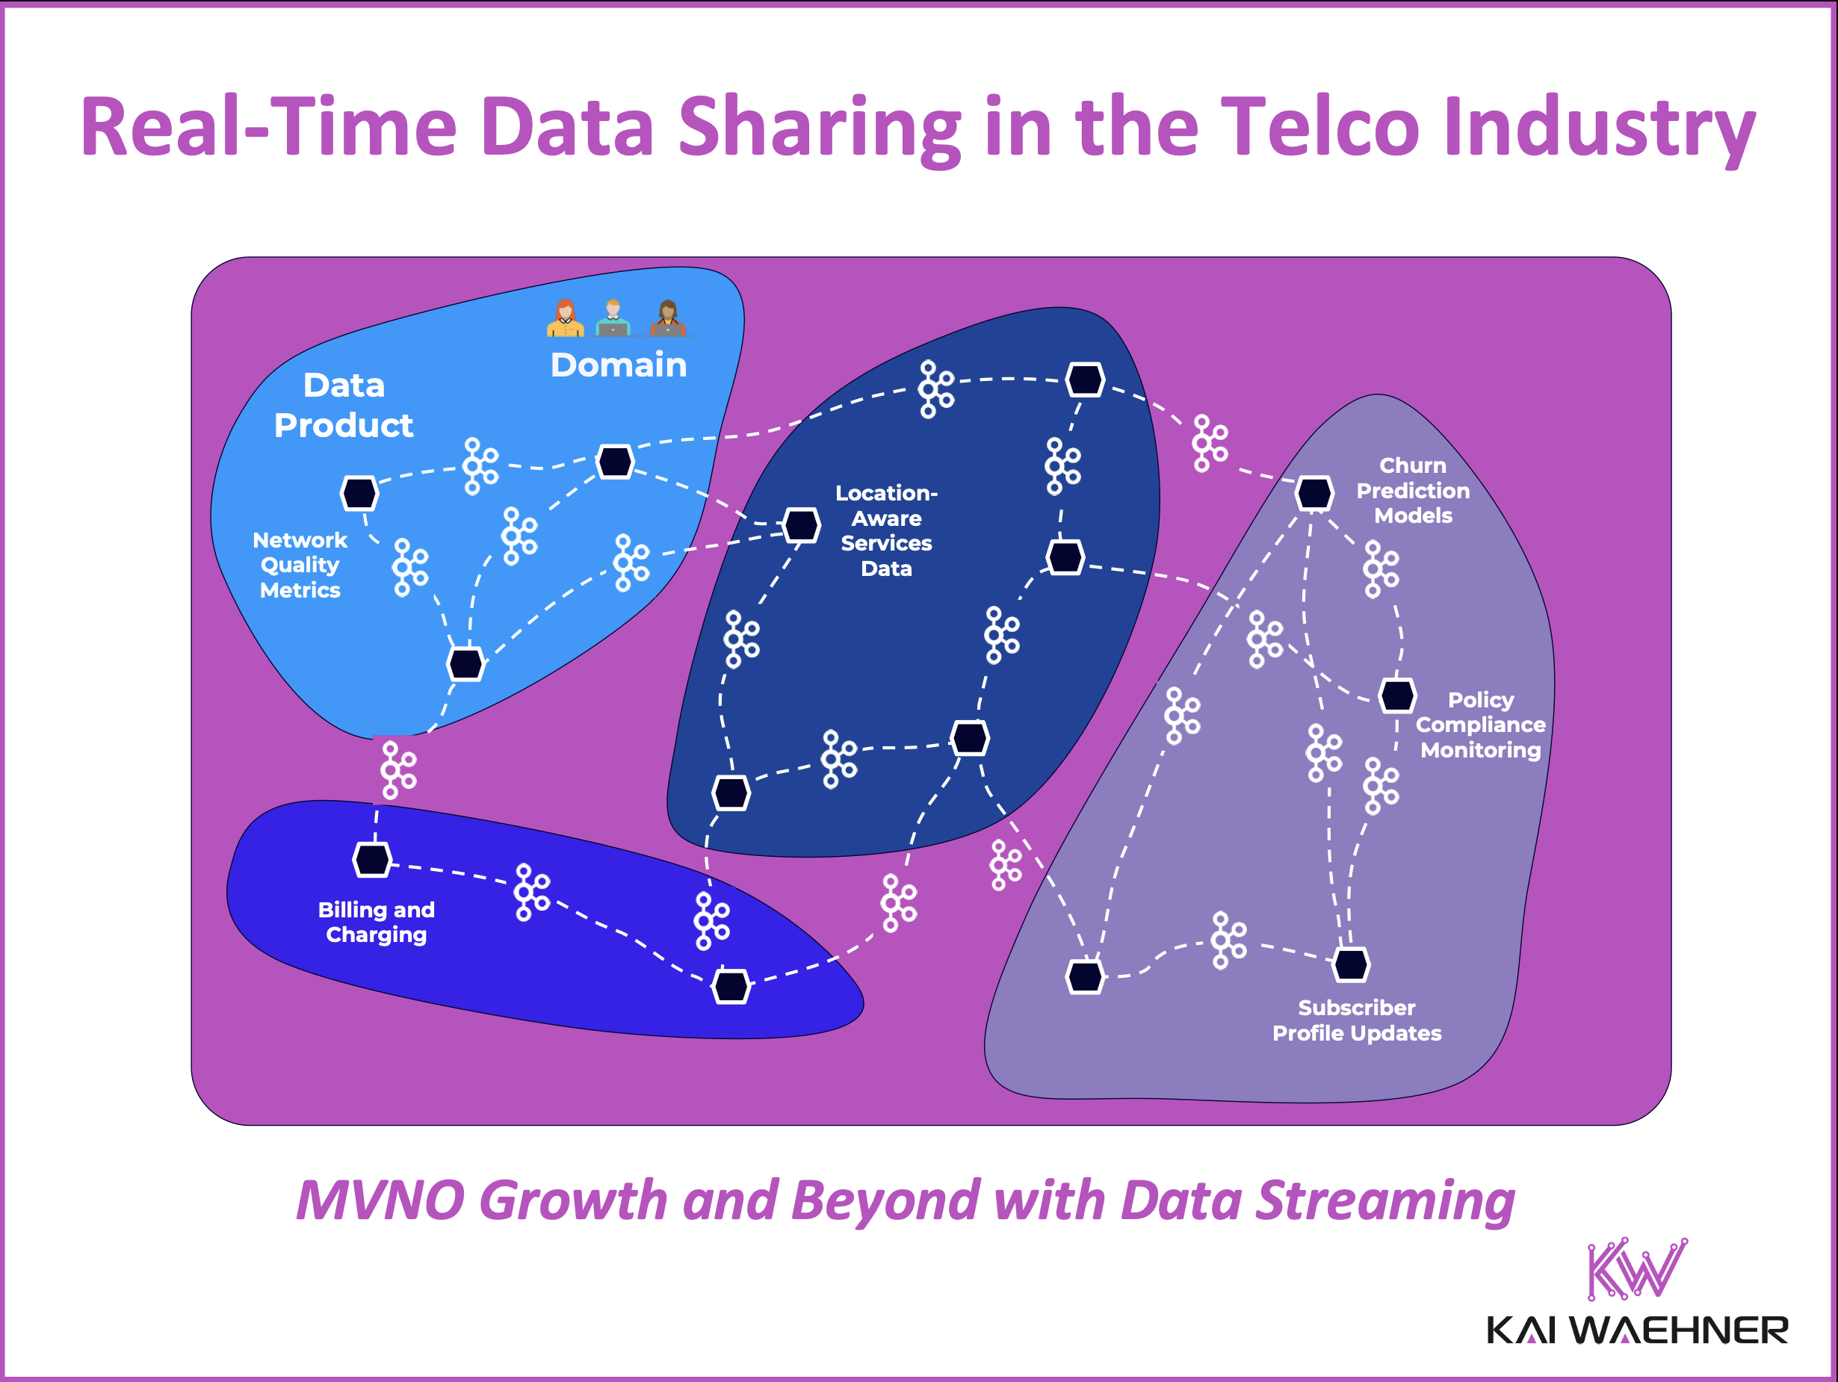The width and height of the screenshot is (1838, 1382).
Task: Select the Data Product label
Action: [343, 406]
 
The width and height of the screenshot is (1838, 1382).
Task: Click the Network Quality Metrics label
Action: [299, 565]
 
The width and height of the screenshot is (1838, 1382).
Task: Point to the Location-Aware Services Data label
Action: [886, 530]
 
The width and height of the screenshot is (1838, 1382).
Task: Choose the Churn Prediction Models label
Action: [1413, 490]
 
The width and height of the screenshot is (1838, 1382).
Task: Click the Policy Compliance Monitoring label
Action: [1480, 725]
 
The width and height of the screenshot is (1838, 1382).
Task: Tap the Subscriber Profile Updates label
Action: [1356, 1020]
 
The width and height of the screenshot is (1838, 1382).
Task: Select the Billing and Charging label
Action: [376, 922]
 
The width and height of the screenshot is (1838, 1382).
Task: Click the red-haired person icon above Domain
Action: [565, 318]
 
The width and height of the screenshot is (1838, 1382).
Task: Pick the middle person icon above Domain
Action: [613, 318]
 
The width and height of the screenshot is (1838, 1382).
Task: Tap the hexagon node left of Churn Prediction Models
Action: [1313, 493]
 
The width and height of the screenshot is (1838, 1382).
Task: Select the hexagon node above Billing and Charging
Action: [371, 859]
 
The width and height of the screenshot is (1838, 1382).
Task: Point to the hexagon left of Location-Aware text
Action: [801, 524]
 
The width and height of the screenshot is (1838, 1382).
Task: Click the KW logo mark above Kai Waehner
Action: [1636, 1268]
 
